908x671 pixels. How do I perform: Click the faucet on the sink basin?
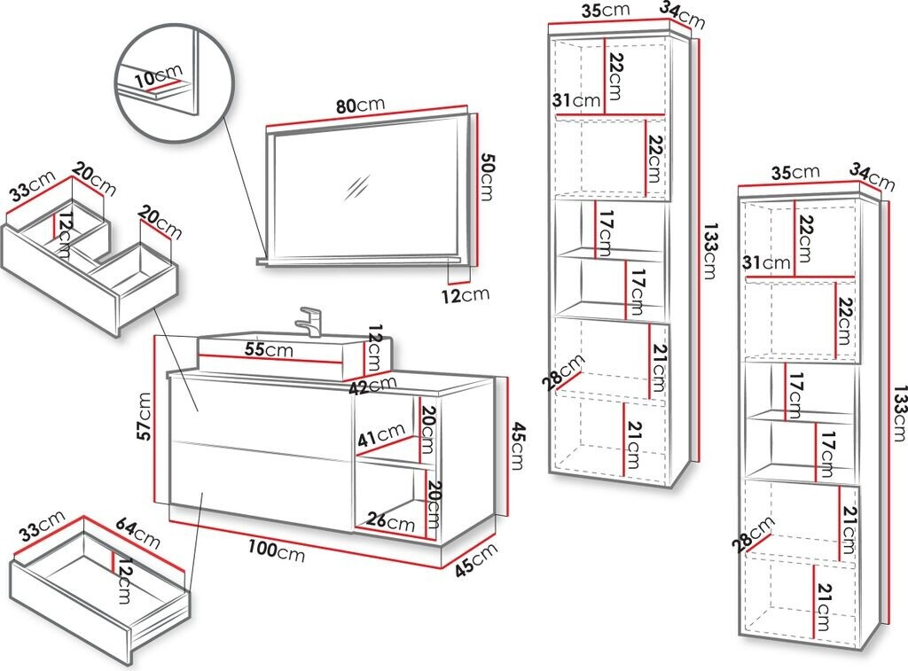309,320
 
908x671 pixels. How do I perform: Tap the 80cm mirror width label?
359,105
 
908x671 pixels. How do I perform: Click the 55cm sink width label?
268,349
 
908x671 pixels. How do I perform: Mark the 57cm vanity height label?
150,416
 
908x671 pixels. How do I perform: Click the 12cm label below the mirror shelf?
466,294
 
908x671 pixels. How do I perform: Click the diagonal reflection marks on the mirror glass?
359,187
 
